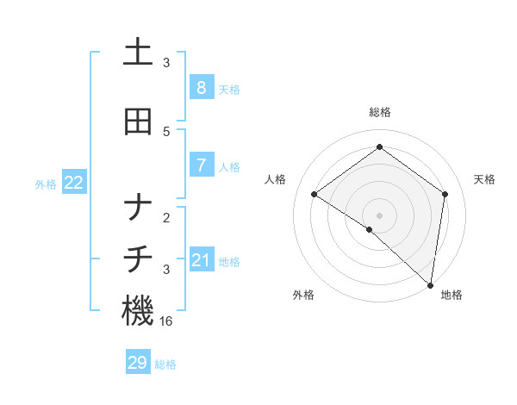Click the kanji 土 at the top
click(x=138, y=53)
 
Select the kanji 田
click(x=138, y=121)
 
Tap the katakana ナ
click(x=138, y=208)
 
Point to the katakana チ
click(x=138, y=259)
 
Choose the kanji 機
click(x=138, y=311)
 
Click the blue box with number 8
click(x=201, y=87)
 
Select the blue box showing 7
click(x=201, y=165)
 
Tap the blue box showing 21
click(x=201, y=259)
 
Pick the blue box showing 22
click(x=74, y=182)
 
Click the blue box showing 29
click(x=138, y=363)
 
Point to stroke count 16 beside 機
click(x=167, y=321)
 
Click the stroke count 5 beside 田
click(x=166, y=132)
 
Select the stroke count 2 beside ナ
click(x=166, y=218)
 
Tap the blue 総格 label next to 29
click(x=166, y=364)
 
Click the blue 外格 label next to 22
click(x=46, y=184)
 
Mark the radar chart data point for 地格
click(x=431, y=285)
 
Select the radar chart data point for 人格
click(x=314, y=194)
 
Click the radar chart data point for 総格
click(x=379, y=147)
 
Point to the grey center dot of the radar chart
click(x=379, y=215)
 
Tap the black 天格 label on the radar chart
click(x=484, y=179)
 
